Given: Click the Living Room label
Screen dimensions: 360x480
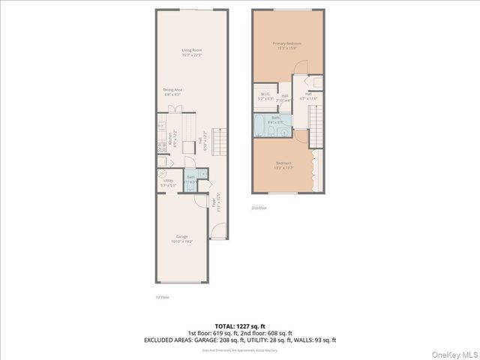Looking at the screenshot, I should [192, 52].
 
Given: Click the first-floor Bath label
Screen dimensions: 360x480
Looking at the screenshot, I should [191, 178].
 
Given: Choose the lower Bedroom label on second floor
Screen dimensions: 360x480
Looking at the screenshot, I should [283, 165].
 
